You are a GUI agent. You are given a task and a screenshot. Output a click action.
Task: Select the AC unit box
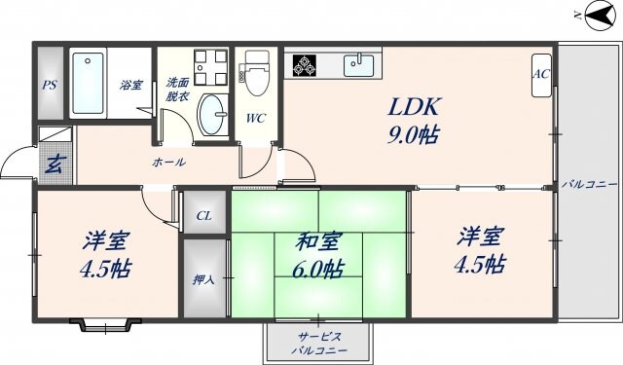541,79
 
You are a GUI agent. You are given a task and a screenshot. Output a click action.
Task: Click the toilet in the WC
257,78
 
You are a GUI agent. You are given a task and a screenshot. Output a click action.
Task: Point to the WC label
256,120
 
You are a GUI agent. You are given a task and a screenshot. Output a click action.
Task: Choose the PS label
50,85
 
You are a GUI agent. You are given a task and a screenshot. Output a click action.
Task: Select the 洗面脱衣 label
177,89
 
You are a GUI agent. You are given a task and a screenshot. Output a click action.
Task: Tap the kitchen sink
359,65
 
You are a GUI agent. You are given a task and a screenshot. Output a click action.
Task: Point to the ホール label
168,162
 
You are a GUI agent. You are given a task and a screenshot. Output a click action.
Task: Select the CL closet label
204,216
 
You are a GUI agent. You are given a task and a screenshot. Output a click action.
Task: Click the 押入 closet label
204,279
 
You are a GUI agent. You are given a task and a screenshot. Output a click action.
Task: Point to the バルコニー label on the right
589,182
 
